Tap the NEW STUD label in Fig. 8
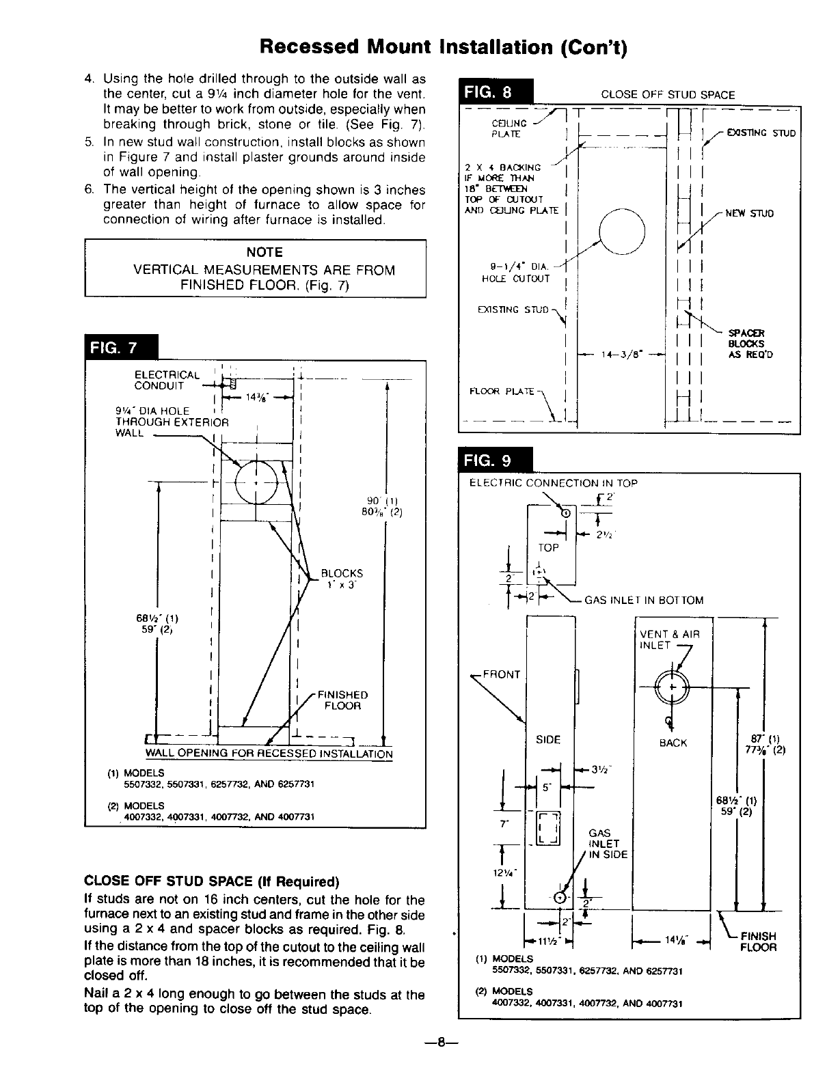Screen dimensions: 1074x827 point(749,213)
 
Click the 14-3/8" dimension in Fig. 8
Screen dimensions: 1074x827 point(621,355)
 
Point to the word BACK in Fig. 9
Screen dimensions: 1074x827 point(673,743)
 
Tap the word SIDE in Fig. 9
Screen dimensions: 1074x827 point(548,739)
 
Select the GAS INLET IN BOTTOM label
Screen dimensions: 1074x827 point(644,600)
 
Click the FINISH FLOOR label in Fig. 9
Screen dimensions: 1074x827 point(759,941)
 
